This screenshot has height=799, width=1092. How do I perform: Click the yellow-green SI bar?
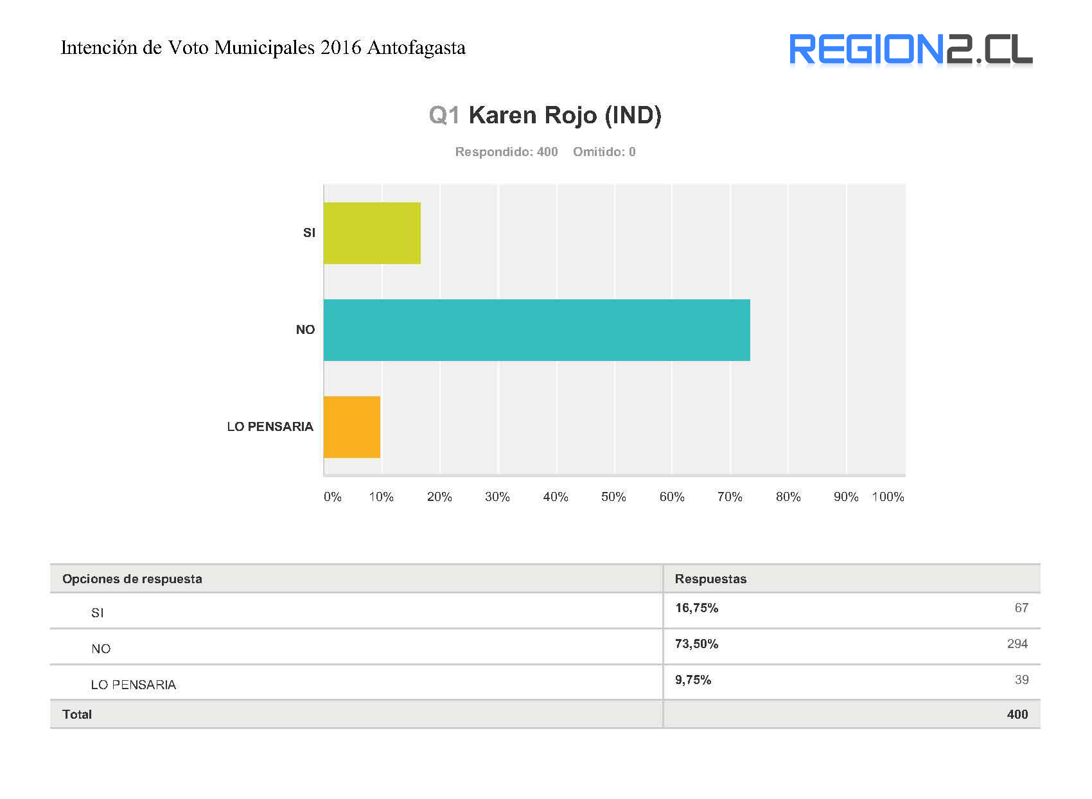click(x=372, y=233)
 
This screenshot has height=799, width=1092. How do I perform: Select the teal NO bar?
click(x=536, y=330)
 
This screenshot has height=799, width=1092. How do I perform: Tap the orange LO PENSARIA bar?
click(x=351, y=427)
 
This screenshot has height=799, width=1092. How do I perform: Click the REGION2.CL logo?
click(x=910, y=50)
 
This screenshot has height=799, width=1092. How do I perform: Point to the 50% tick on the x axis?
click(x=613, y=497)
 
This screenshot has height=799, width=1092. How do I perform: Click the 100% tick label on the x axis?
click(x=888, y=497)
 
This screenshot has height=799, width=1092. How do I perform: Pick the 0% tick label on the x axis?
click(x=332, y=497)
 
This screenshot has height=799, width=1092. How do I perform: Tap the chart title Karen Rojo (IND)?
click(x=565, y=116)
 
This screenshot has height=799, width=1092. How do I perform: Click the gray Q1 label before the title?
click(x=444, y=116)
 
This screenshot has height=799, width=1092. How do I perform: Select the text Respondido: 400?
click(x=506, y=152)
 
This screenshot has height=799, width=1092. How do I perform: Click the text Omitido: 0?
click(x=604, y=152)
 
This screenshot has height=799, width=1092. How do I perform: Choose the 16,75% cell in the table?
click(x=696, y=608)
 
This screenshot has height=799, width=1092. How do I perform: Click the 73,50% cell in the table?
click(x=696, y=644)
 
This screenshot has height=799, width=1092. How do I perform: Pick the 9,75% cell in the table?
click(x=692, y=680)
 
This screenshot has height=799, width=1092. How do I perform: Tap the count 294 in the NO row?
click(x=1017, y=644)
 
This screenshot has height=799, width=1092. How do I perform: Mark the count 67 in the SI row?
click(x=1021, y=608)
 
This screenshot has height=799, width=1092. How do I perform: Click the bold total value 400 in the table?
click(x=1017, y=715)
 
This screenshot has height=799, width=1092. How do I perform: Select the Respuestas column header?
click(x=710, y=579)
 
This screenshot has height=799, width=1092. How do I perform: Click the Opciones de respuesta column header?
click(x=132, y=579)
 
